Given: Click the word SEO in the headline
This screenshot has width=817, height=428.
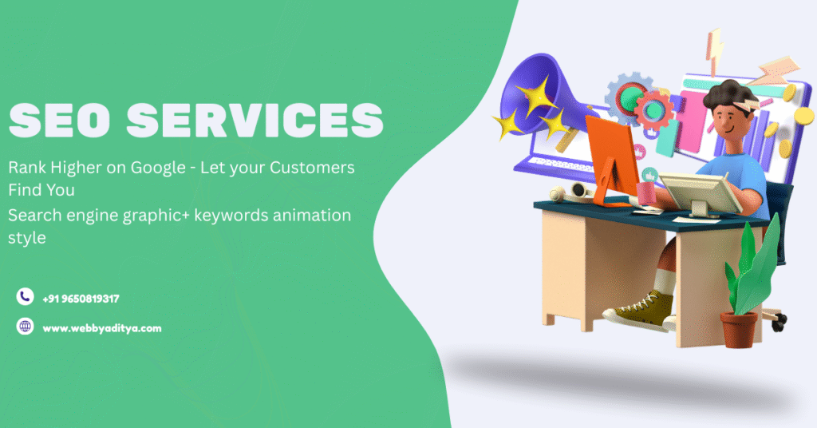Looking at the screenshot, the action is click(59, 121).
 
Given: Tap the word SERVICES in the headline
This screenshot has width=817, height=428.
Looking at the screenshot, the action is click(255, 121).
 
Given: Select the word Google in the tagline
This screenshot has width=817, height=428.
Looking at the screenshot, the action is click(158, 168).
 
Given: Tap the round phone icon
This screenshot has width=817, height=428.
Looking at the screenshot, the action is click(25, 296).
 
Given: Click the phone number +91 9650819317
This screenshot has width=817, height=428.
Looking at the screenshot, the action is click(81, 299).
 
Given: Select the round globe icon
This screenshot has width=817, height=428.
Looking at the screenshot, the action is click(25, 327).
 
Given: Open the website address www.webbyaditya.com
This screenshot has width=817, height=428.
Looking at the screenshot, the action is click(102, 328).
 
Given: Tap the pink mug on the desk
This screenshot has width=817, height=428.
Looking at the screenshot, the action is click(646, 193).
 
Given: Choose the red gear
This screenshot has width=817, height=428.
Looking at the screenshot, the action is click(653, 109).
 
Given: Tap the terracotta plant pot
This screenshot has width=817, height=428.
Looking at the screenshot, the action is click(739, 330).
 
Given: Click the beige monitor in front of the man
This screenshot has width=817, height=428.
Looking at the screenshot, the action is click(700, 194).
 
